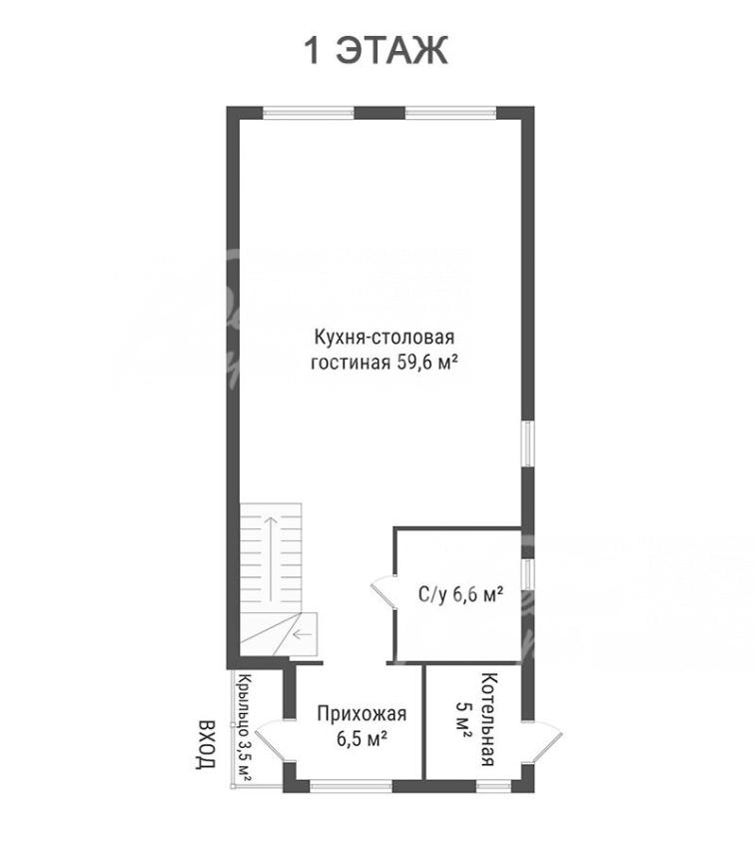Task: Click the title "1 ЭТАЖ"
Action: pyautogui.click(x=377, y=50)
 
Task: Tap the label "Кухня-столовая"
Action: pyautogui.click(x=384, y=338)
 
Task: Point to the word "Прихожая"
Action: pyautogui.click(x=362, y=714)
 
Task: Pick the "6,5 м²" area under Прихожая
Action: pyautogui.click(x=362, y=738)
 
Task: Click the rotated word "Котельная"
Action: pyautogui.click(x=488, y=719)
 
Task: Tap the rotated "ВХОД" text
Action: pyautogui.click(x=206, y=744)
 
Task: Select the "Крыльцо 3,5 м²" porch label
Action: pyautogui.click(x=245, y=728)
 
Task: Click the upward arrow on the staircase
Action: pyautogui.click(x=271, y=558)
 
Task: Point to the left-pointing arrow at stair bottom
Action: pyautogui.click(x=303, y=634)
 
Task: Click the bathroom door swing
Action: pyautogui.click(x=383, y=593)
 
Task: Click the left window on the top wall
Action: pyautogui.click(x=309, y=113)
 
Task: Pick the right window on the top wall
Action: pyautogui.click(x=450, y=113)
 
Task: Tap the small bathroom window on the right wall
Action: pyautogui.click(x=527, y=574)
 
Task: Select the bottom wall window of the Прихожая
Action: pyautogui.click(x=351, y=786)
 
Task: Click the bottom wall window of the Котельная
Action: pyautogui.click(x=493, y=786)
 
